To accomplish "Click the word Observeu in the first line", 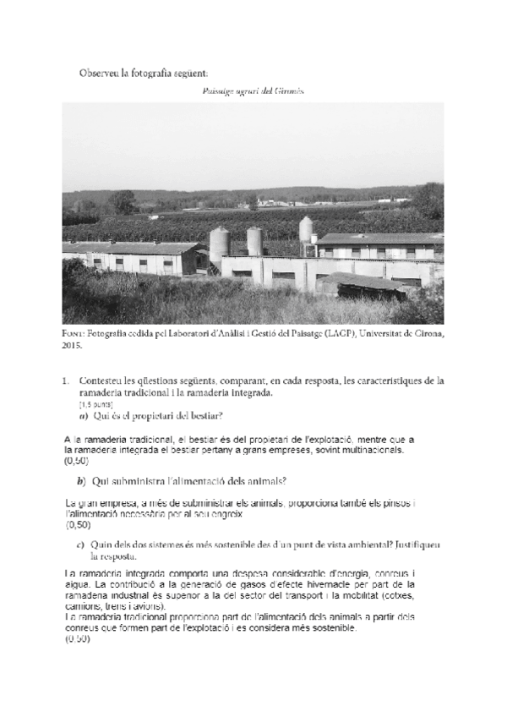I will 99,74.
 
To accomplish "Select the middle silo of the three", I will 254,241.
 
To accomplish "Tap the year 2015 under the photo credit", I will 72,346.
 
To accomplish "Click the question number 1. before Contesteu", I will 66,382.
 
